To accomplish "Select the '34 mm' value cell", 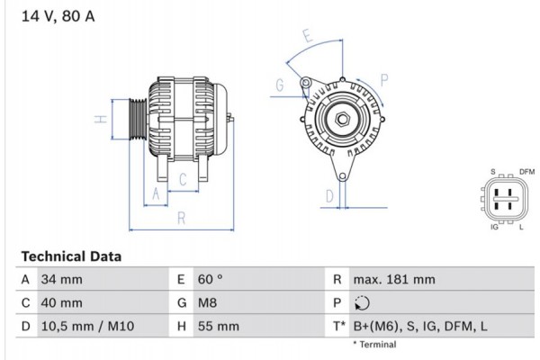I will pos(61,280).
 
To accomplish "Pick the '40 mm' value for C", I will pos(61,303).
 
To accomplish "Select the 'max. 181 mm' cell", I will pos(394,280).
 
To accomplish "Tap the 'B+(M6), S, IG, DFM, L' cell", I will pos(420,327).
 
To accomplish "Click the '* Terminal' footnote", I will pos(373,345).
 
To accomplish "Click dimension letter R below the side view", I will pos(180,217).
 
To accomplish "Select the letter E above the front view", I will pos(307,38).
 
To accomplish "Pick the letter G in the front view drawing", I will pos(280,85).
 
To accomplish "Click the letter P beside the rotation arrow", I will pos(384,80).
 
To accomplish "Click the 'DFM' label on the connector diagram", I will pos(526,171).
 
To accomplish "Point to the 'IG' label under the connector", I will pos(494,227).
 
